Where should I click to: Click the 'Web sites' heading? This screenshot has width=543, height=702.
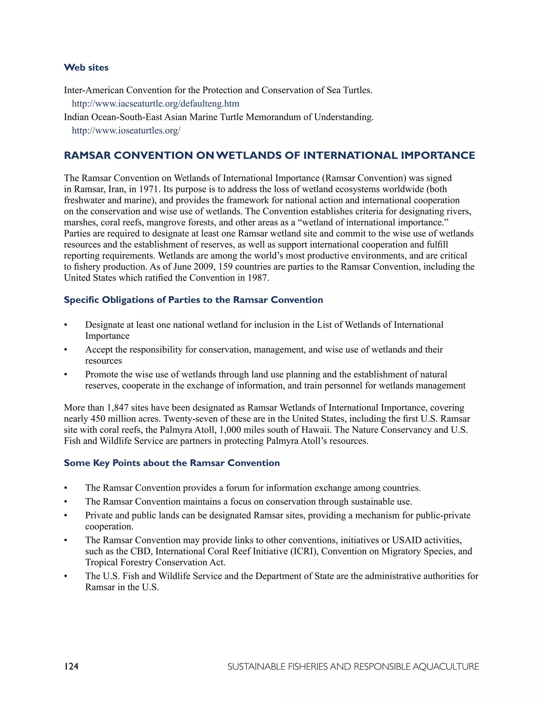[86, 68]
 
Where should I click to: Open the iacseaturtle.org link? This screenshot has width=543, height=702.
[155, 104]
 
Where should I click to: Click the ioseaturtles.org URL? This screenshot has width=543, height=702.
[126, 131]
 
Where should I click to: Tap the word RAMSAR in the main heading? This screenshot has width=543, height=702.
[87, 155]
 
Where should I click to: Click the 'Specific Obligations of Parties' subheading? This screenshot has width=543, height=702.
[193, 300]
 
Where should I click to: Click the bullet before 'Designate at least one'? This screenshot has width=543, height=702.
[66, 325]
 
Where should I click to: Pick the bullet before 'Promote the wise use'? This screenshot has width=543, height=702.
[66, 375]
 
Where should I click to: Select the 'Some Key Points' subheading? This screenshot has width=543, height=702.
[172, 463]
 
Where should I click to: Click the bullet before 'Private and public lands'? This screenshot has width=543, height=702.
[66, 516]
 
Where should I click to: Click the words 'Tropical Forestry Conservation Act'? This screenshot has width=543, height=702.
[155, 562]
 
